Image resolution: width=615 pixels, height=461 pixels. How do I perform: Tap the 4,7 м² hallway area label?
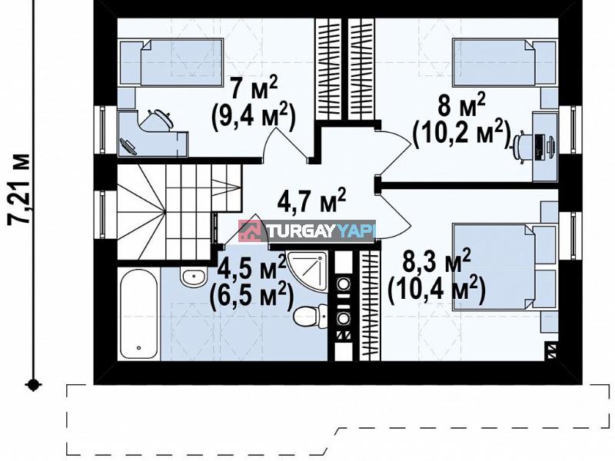click(x=311, y=201)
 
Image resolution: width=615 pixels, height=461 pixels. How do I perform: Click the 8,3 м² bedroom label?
click(x=436, y=260)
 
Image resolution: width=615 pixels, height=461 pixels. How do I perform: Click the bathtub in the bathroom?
click(x=138, y=313)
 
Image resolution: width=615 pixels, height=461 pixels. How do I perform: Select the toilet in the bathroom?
click(x=310, y=316)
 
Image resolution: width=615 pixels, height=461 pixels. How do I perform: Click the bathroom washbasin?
click(x=194, y=277)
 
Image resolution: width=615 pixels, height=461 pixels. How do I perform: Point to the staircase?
click(x=179, y=212)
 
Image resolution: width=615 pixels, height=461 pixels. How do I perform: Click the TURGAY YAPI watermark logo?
click(x=307, y=230)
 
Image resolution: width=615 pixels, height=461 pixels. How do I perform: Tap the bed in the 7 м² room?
click(x=171, y=61)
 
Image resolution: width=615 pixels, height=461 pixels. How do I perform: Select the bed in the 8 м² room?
click(x=505, y=62)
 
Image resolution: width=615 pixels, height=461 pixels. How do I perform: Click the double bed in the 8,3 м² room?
click(x=505, y=267)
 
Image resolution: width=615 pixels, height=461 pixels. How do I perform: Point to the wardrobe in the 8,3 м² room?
click(x=370, y=305)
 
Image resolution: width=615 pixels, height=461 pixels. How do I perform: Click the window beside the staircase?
click(x=103, y=215)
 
